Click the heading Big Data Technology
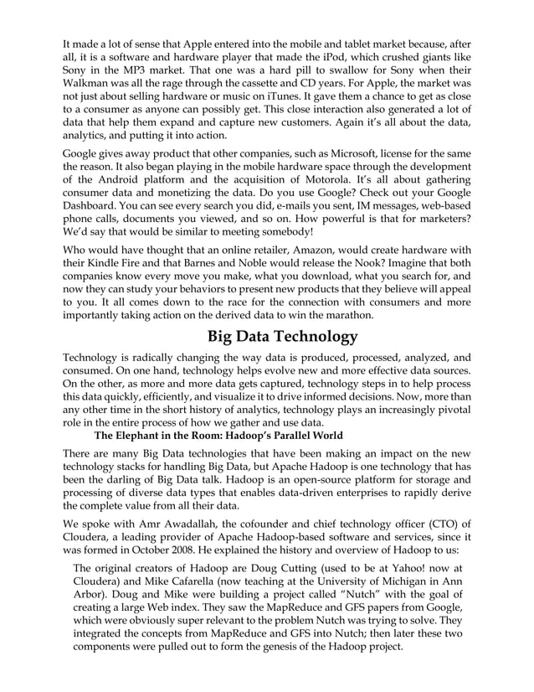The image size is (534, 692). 283,338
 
